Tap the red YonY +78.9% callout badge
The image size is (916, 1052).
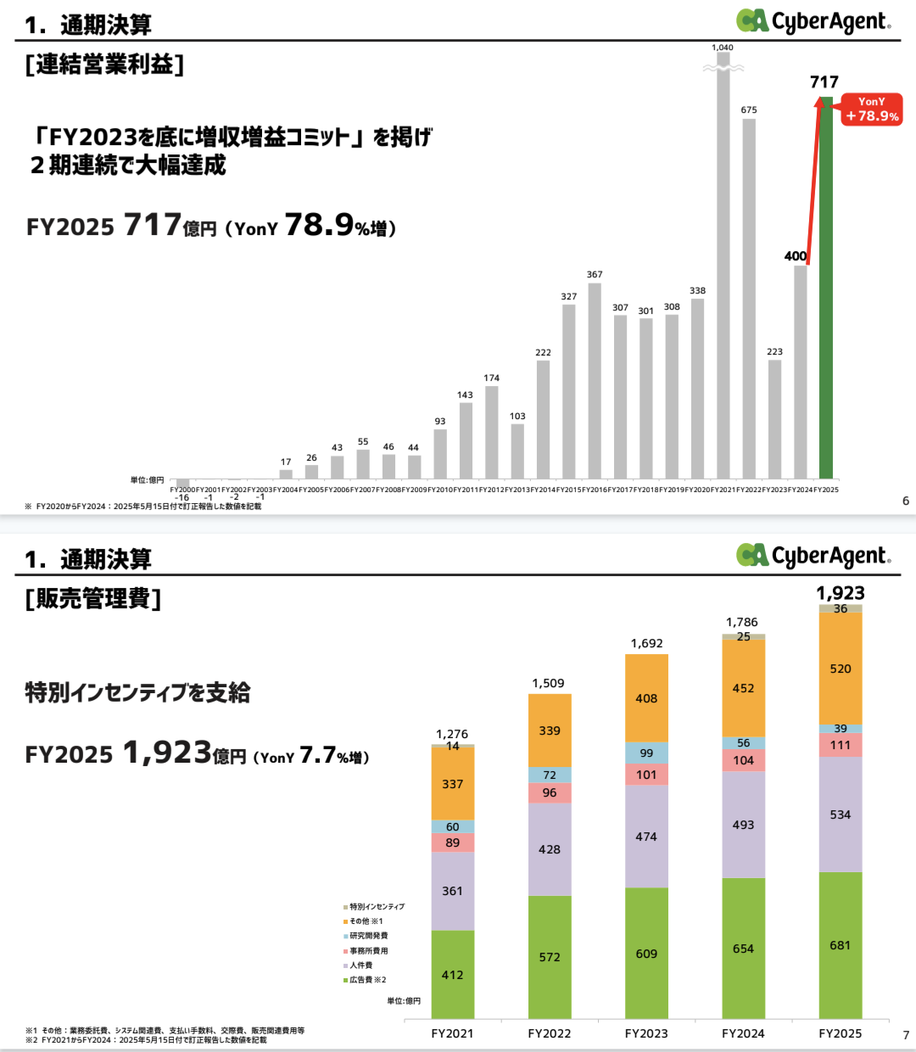click(872, 109)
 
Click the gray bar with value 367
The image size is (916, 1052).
click(595, 382)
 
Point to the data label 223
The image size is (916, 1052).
click(774, 351)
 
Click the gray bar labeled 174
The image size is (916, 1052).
click(492, 433)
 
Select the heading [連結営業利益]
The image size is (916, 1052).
click(105, 64)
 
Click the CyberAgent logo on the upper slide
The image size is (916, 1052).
click(813, 21)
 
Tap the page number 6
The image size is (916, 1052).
click(906, 501)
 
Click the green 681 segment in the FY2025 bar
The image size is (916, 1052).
click(841, 945)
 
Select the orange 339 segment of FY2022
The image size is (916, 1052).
click(550, 730)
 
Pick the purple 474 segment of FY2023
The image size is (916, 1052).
click(646, 837)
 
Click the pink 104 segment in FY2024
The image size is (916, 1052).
click(744, 760)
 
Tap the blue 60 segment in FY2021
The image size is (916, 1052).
click(453, 826)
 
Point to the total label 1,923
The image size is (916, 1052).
click(841, 593)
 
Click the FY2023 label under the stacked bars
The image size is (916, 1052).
click(646, 1033)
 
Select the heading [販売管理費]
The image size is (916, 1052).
click(93, 599)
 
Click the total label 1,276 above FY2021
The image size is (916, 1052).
click(452, 734)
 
